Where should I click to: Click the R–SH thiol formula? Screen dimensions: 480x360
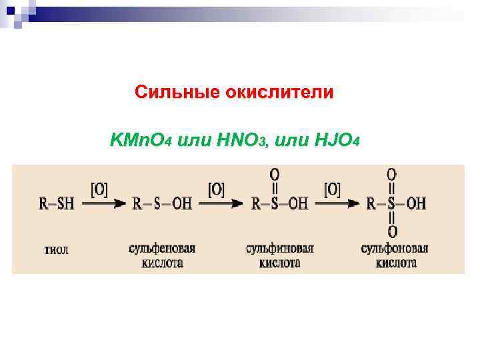click(x=57, y=203)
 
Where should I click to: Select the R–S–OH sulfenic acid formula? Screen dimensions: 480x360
click(x=162, y=203)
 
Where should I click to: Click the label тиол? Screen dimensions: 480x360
click(x=56, y=250)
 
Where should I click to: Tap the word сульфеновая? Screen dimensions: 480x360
click(x=162, y=248)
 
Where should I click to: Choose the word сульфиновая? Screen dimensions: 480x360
click(x=279, y=248)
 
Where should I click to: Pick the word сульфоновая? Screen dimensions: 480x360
click(x=395, y=248)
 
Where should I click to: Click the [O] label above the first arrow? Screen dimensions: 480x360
click(x=99, y=189)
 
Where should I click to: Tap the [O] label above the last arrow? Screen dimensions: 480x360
click(x=332, y=189)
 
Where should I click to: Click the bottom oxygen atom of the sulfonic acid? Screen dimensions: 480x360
click(x=393, y=232)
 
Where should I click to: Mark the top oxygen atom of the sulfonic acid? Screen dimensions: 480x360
click(x=392, y=174)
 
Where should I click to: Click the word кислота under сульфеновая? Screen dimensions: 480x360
click(x=162, y=263)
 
